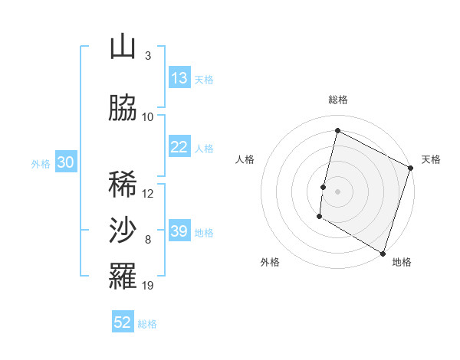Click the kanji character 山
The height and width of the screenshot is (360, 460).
(123, 47)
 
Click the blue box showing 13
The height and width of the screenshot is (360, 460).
(179, 78)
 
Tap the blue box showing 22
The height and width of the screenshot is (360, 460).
(179, 147)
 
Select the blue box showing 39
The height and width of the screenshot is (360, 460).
(179, 231)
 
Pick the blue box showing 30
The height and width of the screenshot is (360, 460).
(65, 162)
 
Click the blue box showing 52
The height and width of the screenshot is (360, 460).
(123, 322)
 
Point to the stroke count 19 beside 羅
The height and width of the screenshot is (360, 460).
(148, 286)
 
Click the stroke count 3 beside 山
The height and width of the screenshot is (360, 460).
(147, 56)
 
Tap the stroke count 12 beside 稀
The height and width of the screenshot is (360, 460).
(148, 193)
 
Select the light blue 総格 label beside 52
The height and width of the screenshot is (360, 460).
(147, 324)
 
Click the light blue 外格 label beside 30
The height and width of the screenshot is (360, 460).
(41, 164)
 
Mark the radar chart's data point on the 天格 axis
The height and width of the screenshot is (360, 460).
(410, 168)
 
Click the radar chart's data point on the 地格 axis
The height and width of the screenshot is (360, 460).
(382, 253)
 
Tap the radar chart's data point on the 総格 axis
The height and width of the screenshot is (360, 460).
(337, 131)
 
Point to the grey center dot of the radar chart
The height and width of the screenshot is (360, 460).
(337, 191)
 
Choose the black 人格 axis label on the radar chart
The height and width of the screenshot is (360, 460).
(245, 159)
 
